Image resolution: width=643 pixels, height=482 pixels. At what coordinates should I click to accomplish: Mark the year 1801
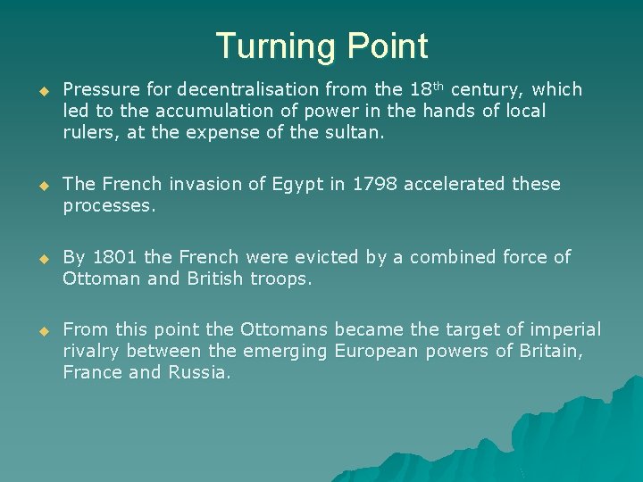(113, 257)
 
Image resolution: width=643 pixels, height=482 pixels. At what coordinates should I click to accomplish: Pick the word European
(376, 352)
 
